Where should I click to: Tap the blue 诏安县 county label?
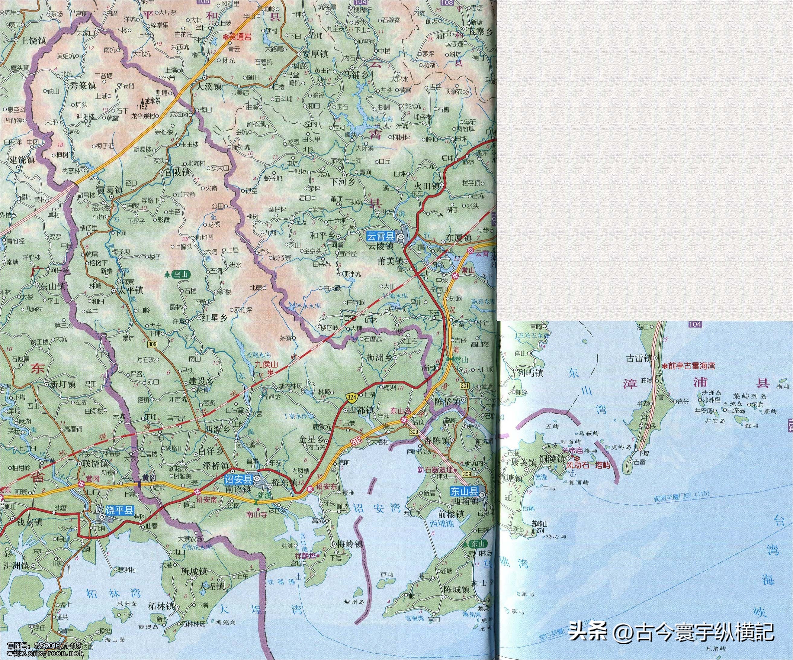(238, 480)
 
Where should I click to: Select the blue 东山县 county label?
(464, 492)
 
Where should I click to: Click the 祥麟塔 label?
(306, 556)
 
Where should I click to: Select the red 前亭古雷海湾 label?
(691, 366)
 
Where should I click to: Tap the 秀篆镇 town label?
(80, 86)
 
